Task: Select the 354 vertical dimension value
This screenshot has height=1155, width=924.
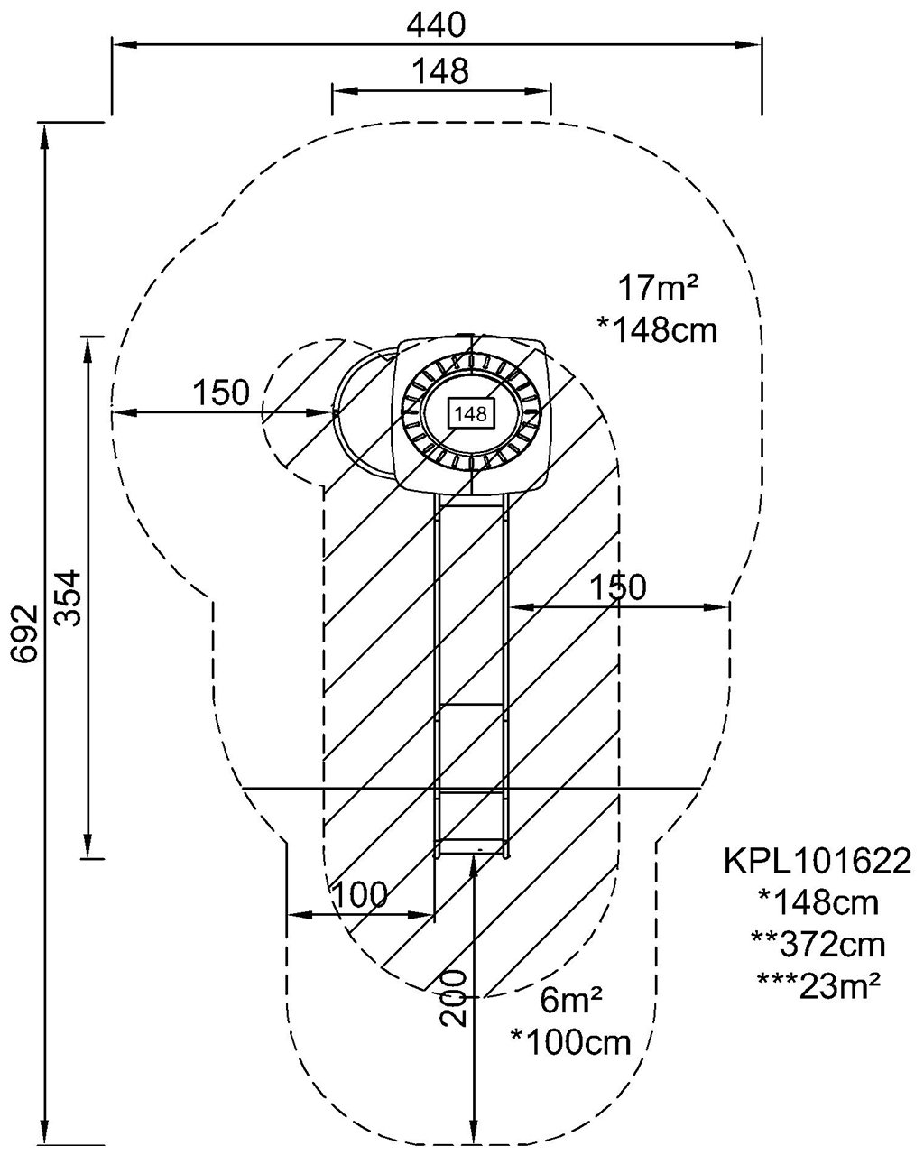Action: (69, 597)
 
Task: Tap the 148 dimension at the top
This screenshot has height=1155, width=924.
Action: (440, 71)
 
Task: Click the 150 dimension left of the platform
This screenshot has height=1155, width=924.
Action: (220, 393)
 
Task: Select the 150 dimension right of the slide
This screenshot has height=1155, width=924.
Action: (618, 587)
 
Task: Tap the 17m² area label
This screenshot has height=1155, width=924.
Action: (659, 289)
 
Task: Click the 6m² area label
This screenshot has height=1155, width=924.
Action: (570, 1001)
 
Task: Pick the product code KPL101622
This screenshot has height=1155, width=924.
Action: (817, 861)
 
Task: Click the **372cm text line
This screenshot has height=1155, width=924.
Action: (818, 945)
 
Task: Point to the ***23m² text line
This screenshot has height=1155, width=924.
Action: (818, 986)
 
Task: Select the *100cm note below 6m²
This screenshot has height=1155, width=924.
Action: (570, 1043)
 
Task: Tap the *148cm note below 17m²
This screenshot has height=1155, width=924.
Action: (658, 330)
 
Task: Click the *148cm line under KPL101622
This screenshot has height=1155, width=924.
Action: (818, 902)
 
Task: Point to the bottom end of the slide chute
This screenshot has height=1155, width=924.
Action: (472, 847)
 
